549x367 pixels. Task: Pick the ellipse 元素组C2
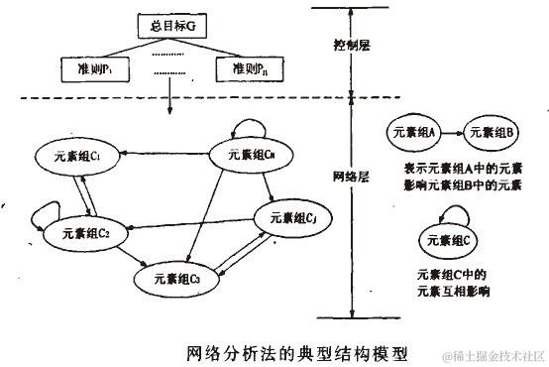tap(85, 233)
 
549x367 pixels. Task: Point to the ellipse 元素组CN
tap(252, 154)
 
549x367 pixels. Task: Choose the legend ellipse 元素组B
tap(488, 130)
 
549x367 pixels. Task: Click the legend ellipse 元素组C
tap(451, 238)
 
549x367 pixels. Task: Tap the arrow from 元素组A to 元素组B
tap(451, 130)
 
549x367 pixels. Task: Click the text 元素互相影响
tap(453, 293)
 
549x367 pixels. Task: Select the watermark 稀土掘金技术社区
tap(493, 354)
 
